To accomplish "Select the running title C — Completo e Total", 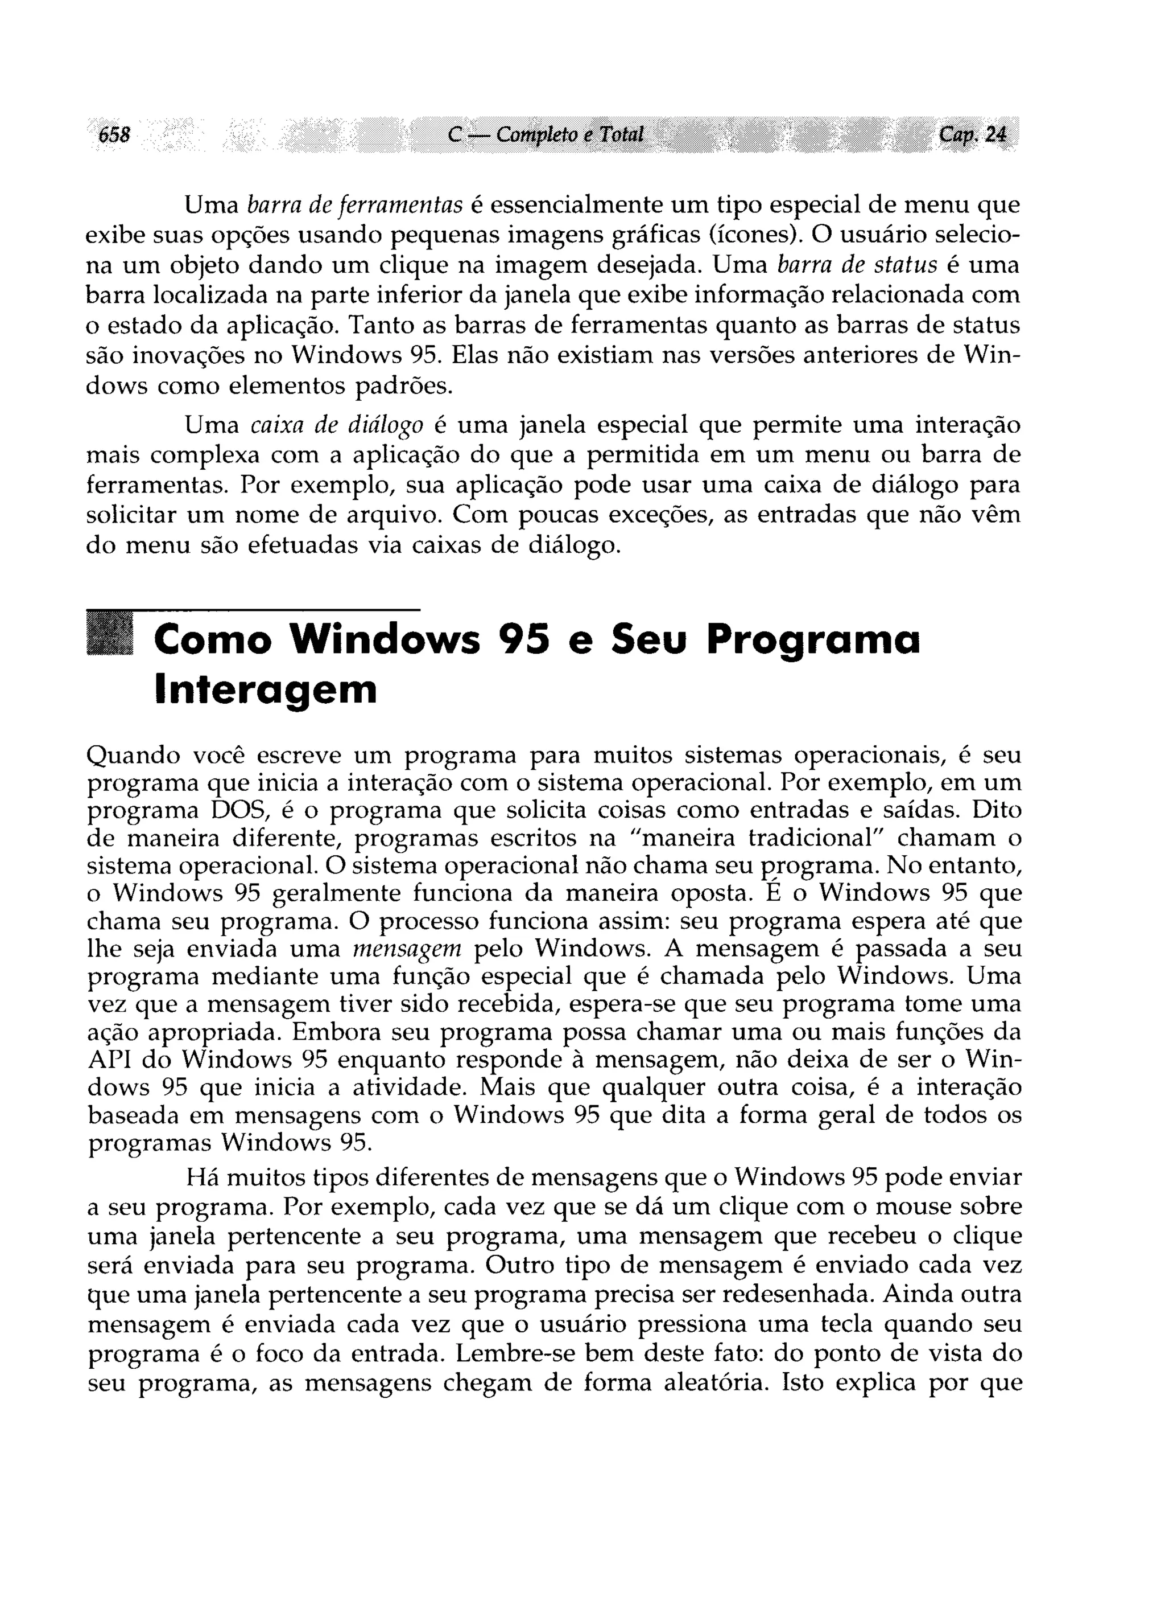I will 546,134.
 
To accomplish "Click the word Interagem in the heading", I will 265,689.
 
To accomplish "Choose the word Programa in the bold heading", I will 813,639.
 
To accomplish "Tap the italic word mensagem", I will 408,949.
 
